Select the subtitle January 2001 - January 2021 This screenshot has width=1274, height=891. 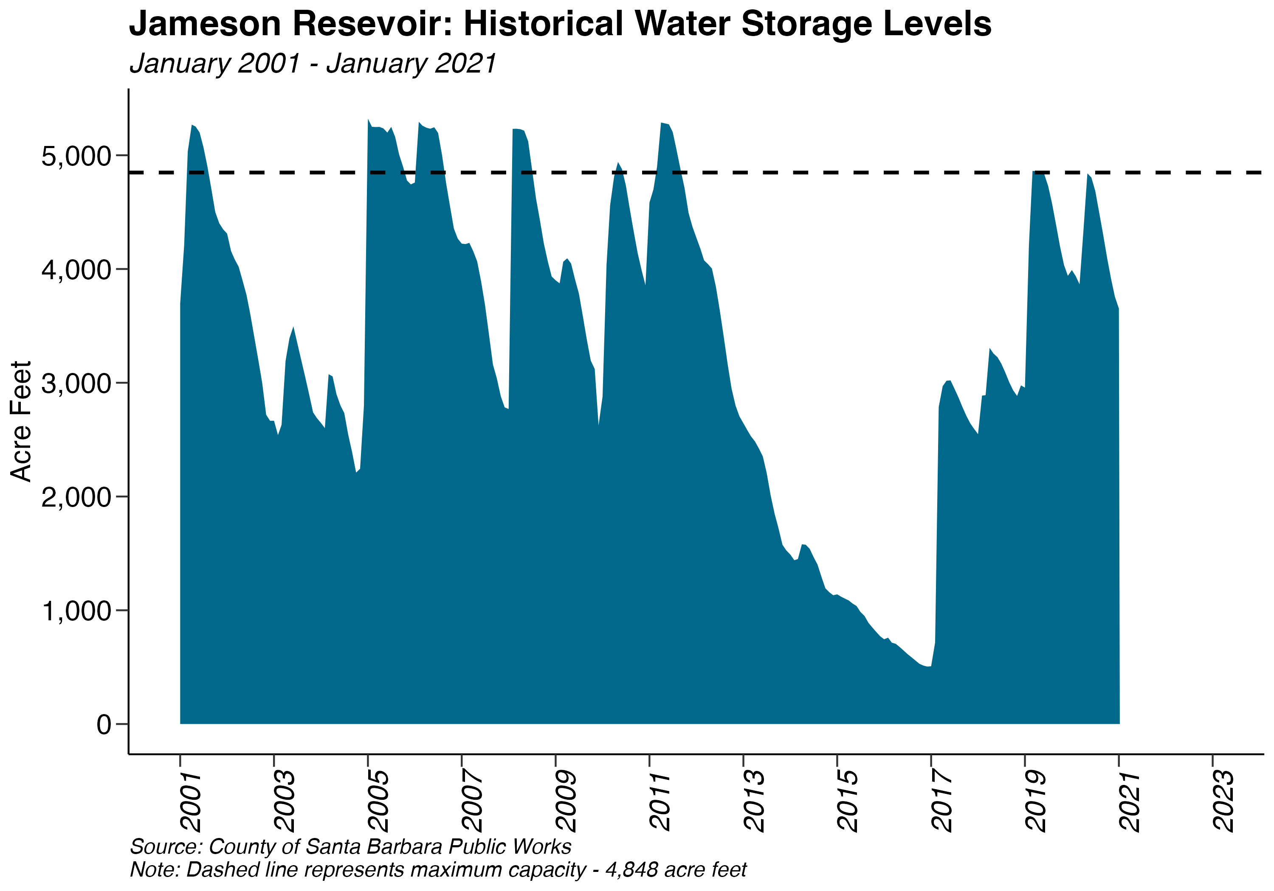[313, 63]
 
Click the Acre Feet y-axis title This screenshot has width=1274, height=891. [21, 421]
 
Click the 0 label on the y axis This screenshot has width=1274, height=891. [104, 724]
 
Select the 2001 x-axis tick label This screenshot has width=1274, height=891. [192, 801]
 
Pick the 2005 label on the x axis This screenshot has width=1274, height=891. [379, 801]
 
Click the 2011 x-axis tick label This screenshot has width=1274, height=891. [660, 801]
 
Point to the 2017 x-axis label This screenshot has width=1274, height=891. [942, 801]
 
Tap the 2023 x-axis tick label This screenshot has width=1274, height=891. [1223, 801]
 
